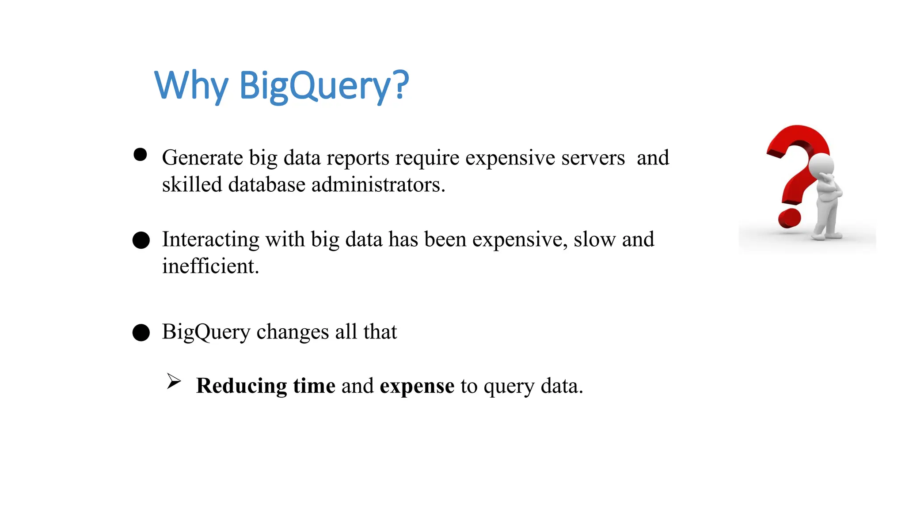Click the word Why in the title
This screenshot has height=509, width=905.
coord(191,85)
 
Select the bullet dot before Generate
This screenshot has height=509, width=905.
coord(140,155)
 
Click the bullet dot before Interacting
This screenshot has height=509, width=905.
coord(141,240)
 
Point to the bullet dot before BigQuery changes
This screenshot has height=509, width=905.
coord(141,332)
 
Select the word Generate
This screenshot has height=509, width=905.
coord(202,158)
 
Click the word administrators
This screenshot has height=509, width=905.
coord(378,185)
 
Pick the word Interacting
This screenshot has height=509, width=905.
coord(211,239)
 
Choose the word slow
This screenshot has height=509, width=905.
coord(594,239)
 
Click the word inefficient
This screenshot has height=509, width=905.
coord(210,266)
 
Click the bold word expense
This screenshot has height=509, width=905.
coord(417,386)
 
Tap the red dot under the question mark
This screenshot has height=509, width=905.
coord(789,218)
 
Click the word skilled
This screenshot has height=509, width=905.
coord(192,185)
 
